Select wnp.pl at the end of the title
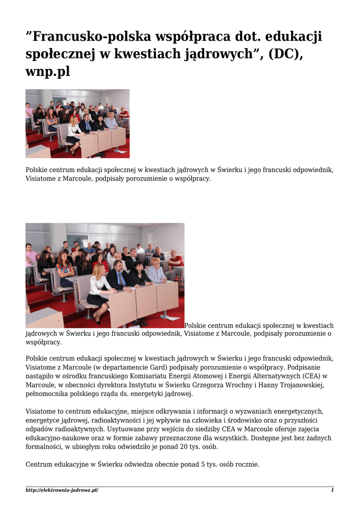pyautogui.click(x=48, y=71)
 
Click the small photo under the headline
pyautogui.click(x=77, y=124)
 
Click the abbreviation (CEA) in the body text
pyautogui.click(x=308, y=376)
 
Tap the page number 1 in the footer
pyautogui.click(x=332, y=490)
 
